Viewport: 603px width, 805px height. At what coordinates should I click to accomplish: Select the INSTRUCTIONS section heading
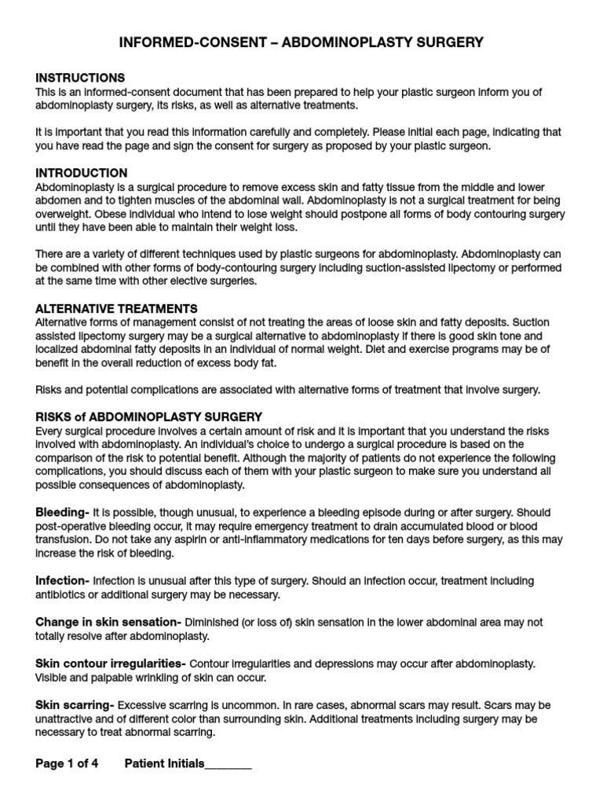tap(80, 78)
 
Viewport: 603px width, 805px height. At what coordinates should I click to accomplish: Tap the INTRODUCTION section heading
tap(82, 173)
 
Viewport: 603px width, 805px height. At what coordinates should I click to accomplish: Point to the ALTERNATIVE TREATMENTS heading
tap(116, 308)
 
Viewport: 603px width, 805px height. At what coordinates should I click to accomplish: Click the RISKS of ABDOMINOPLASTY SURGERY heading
tap(149, 416)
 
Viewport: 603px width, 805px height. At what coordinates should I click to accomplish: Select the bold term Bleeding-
tap(62, 512)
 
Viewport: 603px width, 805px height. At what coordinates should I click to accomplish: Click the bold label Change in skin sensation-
tap(108, 622)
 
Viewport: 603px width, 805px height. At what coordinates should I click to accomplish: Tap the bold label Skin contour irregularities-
tap(111, 663)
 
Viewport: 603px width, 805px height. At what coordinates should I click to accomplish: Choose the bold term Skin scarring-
tap(75, 704)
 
